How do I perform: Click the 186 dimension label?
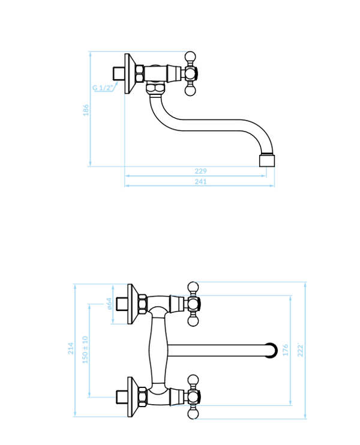[x=86, y=110]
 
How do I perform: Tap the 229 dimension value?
[x=200, y=171]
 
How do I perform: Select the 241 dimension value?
[x=200, y=181]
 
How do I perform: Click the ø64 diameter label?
[x=109, y=304]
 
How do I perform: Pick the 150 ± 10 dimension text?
[x=85, y=350]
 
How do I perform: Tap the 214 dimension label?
[x=71, y=348]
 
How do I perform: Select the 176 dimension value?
[x=286, y=350]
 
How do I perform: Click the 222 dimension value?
[x=300, y=351]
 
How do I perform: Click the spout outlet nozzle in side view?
[x=267, y=160]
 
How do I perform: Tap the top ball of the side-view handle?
[x=190, y=56]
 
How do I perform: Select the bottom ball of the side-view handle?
[x=190, y=90]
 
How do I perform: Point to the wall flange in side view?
[x=130, y=73]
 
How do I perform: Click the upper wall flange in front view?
[x=133, y=304]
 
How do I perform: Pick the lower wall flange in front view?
[x=133, y=397]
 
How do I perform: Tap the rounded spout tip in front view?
[x=272, y=351]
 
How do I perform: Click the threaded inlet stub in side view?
[x=118, y=73]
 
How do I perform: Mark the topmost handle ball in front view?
[x=193, y=287]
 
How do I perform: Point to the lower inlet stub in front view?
[x=122, y=397]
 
